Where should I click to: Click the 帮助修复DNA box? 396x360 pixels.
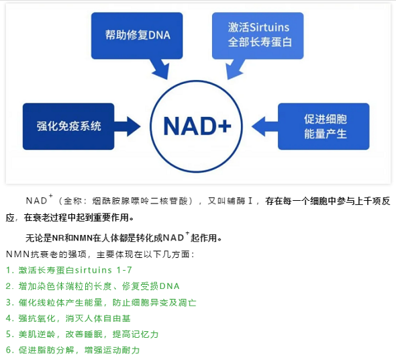pos(137,36)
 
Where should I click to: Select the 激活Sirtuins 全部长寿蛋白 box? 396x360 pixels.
pos(258,36)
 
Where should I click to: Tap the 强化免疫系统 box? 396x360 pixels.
pos(68,126)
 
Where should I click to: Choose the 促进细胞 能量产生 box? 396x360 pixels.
pos(324,126)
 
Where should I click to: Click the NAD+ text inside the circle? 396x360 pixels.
pos(197,126)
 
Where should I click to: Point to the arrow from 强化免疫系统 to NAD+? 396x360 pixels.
pos(128,126)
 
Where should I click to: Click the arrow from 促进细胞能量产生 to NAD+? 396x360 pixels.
pos(265,126)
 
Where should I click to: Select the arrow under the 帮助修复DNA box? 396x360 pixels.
pos(160,69)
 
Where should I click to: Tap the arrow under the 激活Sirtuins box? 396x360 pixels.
pos(235,69)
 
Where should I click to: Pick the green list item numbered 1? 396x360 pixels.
pos(68,270)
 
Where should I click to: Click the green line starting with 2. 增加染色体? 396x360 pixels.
pos(93,286)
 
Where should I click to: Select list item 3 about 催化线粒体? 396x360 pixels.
pos(101,302)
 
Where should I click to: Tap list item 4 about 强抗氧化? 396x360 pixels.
pos(68,318)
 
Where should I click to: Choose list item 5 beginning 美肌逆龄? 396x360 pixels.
pos(82,334)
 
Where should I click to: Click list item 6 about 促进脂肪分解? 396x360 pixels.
pos(72,350)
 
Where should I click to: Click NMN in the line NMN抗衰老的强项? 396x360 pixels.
pos(18,255)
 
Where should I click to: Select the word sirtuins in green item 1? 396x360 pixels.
pos(93,270)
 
